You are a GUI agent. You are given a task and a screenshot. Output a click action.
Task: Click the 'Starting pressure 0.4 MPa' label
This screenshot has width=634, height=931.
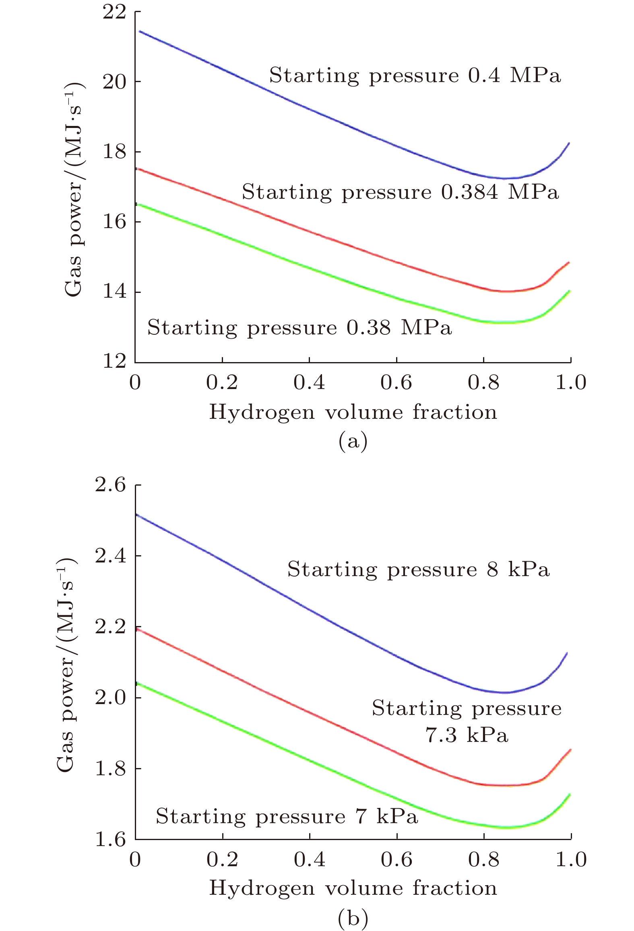click(x=415, y=76)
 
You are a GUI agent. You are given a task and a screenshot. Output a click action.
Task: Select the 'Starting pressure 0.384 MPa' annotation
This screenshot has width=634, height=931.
click(x=400, y=192)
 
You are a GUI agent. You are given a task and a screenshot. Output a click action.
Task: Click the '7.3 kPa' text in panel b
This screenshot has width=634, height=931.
click(x=467, y=735)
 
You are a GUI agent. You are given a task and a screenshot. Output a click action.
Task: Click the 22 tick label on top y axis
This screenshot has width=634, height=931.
click(x=114, y=12)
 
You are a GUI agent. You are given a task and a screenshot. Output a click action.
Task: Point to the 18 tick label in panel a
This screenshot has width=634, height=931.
click(x=114, y=152)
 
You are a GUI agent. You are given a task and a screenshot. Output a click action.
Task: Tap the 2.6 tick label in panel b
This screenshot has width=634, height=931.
click(x=110, y=486)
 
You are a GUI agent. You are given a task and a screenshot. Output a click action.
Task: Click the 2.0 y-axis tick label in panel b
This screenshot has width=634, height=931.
click(x=110, y=697)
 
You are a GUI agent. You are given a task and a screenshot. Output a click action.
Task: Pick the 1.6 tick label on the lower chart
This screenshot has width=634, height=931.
click(x=110, y=839)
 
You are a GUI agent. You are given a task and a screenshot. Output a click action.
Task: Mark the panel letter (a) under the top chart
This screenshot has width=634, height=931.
click(x=353, y=441)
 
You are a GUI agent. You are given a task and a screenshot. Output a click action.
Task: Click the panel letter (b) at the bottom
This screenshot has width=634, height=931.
click(x=353, y=918)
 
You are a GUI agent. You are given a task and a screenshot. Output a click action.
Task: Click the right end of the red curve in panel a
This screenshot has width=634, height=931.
click(x=569, y=263)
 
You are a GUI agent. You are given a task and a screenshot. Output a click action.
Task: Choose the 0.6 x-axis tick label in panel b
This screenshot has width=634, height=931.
click(x=397, y=860)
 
